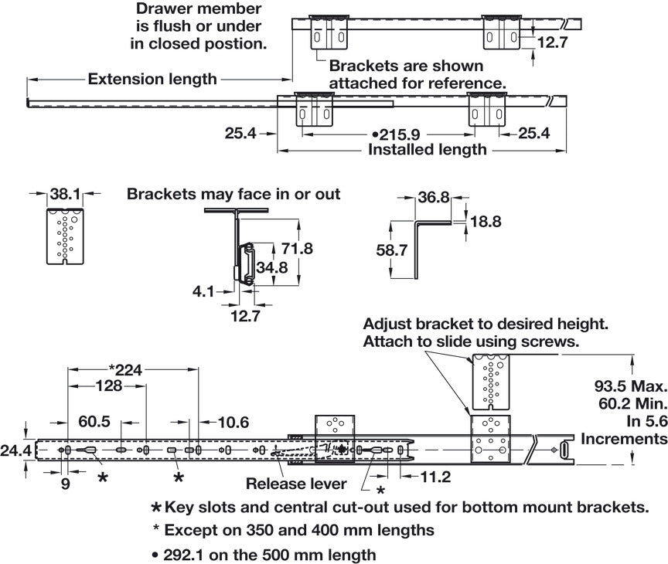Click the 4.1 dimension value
tap(204, 292)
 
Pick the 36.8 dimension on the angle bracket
tap(434, 198)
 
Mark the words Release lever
tap(295, 484)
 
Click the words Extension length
tap(152, 79)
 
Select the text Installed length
tap(428, 149)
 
